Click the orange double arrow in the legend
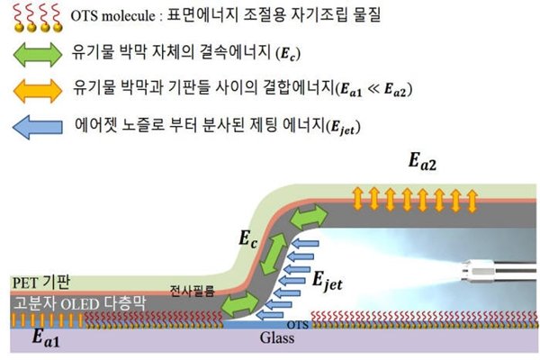[37, 90]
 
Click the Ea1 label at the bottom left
[30, 339]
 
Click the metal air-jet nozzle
[496, 266]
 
